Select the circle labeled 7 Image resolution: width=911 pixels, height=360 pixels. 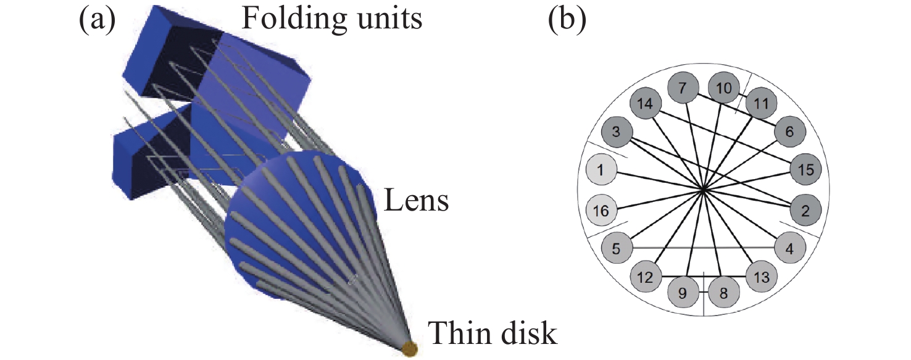click(x=683, y=88)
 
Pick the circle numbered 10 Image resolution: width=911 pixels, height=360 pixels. click(x=723, y=88)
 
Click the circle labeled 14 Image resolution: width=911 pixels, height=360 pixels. click(x=644, y=104)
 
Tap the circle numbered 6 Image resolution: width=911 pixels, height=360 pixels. click(x=789, y=132)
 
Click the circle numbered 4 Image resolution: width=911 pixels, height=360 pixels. click(x=791, y=248)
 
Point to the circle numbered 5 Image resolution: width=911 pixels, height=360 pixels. click(x=617, y=248)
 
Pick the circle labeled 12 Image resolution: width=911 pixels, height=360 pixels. click(x=645, y=278)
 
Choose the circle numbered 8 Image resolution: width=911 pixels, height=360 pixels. click(x=723, y=293)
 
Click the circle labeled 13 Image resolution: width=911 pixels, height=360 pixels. click(x=762, y=278)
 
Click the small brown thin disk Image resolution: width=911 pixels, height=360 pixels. click(x=409, y=349)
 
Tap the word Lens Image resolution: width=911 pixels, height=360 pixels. click(x=417, y=200)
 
